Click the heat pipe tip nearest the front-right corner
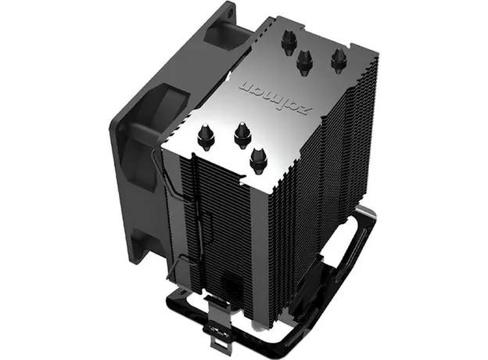coord(255,160)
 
